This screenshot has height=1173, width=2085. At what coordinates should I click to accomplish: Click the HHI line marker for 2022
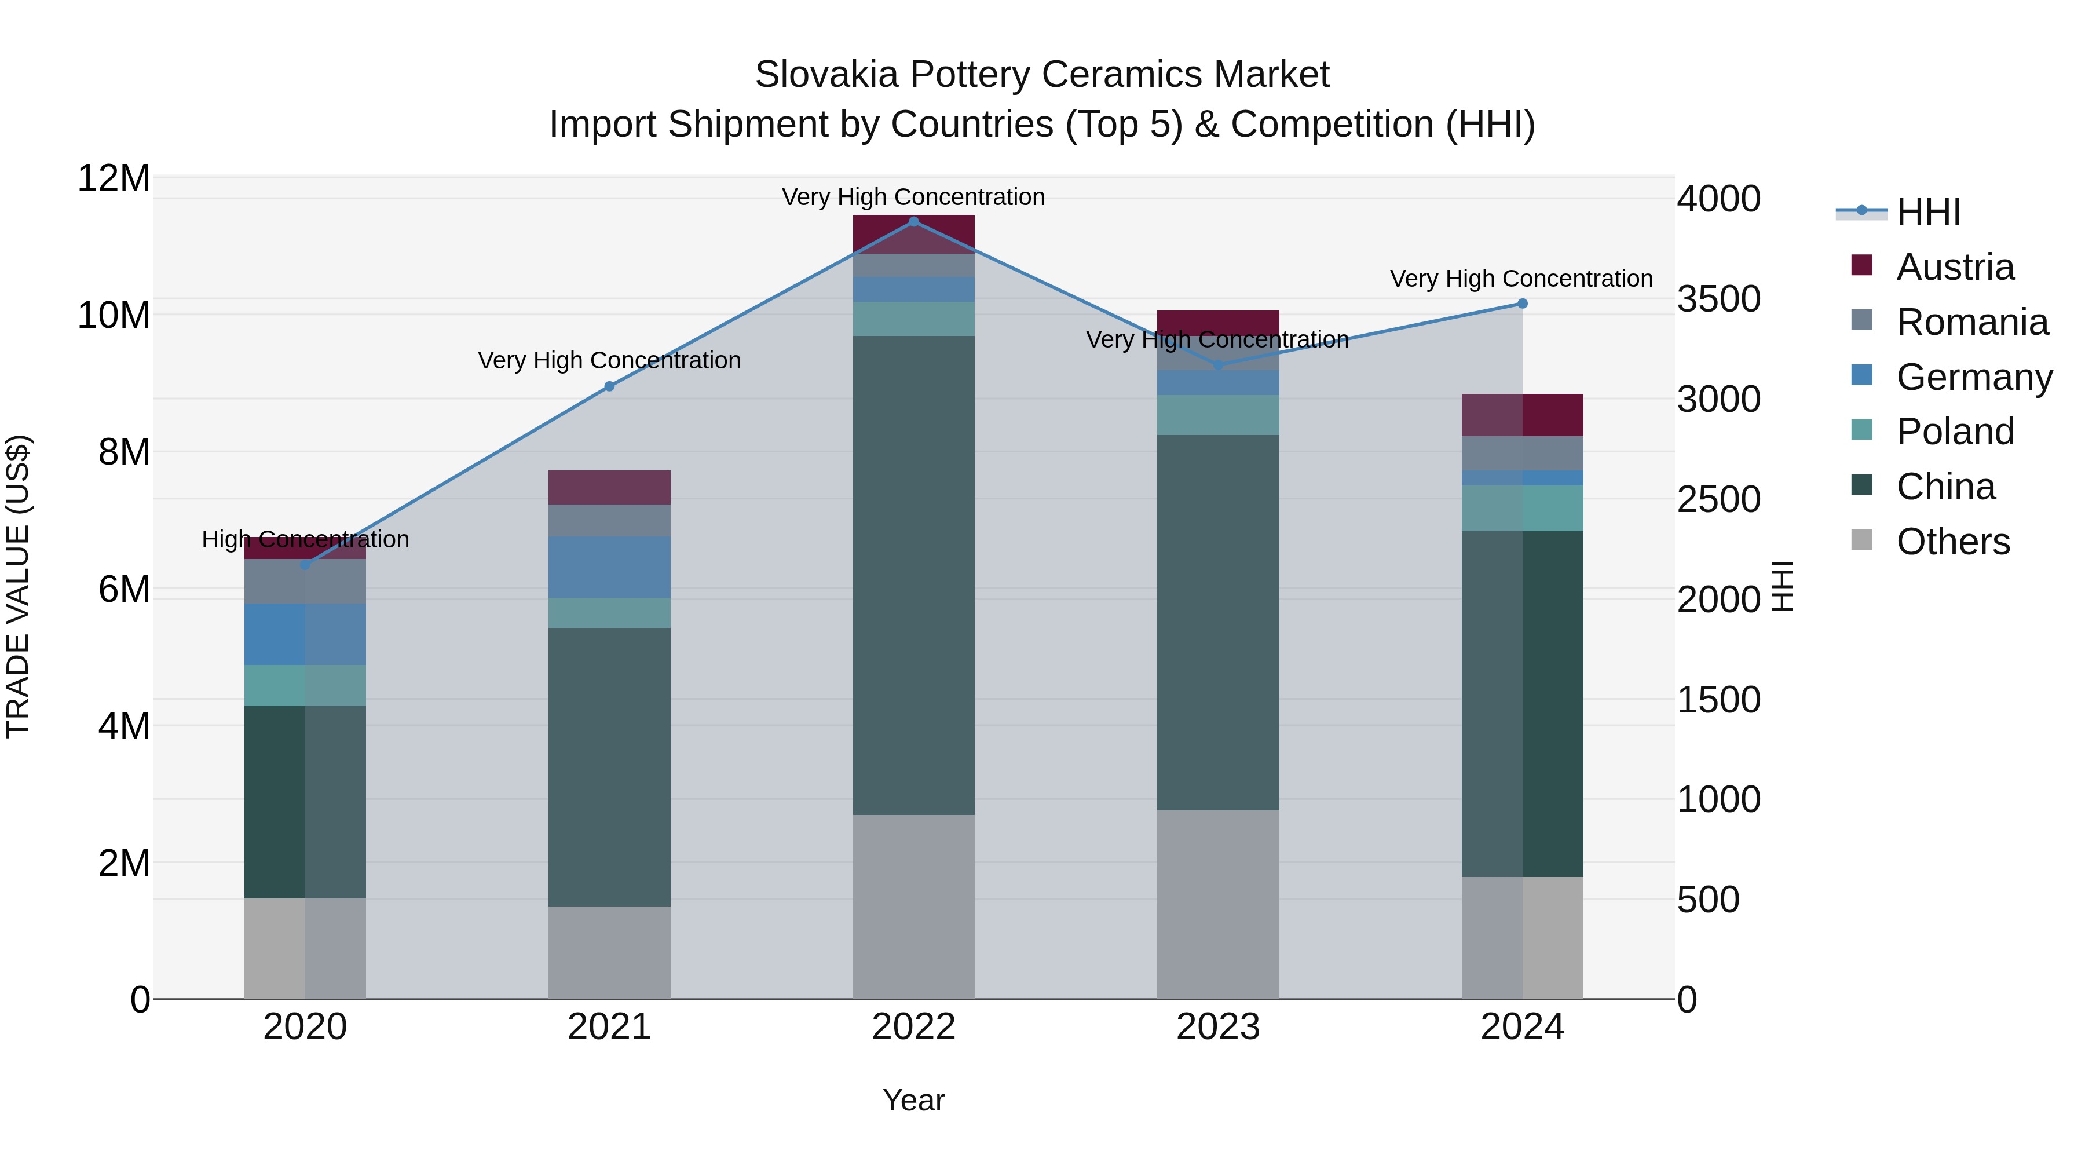click(914, 222)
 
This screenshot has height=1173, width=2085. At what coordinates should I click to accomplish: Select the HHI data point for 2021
click(609, 387)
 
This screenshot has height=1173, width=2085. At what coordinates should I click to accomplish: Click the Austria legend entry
click(1954, 267)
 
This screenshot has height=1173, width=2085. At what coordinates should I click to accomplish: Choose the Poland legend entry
click(1954, 432)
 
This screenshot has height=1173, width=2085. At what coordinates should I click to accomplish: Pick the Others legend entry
click(1952, 542)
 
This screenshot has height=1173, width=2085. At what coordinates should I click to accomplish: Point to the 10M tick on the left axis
click(114, 315)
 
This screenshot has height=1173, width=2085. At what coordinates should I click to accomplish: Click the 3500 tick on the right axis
click(1718, 299)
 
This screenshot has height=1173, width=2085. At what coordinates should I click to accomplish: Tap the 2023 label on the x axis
click(1218, 1027)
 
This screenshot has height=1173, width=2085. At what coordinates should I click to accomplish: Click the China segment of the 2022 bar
click(914, 575)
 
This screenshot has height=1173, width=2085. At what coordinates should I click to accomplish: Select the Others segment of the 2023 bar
click(1218, 904)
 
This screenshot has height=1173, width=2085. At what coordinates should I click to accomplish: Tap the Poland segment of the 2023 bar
click(1218, 415)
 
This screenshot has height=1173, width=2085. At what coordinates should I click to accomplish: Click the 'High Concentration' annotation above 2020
click(305, 539)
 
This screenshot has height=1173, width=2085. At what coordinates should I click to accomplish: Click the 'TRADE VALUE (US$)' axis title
click(18, 586)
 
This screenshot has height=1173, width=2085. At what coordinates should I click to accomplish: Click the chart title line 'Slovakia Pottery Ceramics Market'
click(1042, 75)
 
